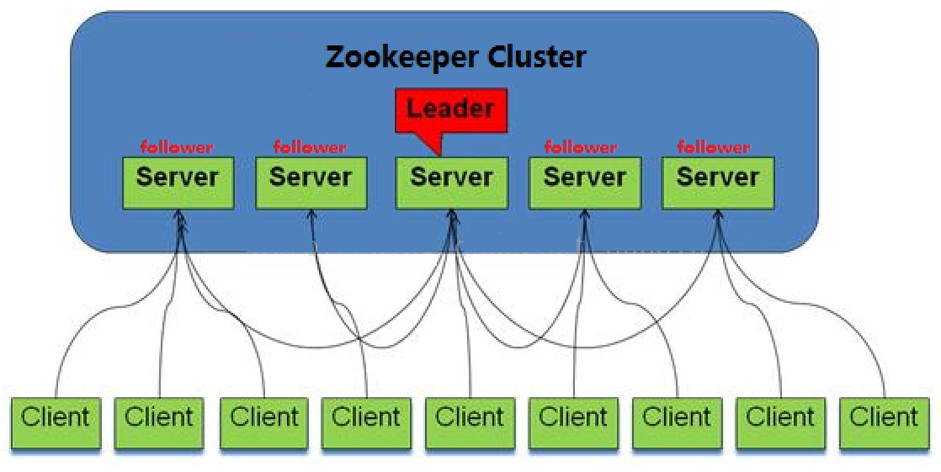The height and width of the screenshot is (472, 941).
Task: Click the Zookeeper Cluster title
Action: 455,57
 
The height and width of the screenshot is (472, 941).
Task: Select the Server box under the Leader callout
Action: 451,179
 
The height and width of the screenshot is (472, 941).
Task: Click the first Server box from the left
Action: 178,179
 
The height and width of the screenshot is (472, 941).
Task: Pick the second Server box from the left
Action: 311,179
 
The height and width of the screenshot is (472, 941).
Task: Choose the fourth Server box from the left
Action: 584,179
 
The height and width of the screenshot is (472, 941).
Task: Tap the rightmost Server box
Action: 717,179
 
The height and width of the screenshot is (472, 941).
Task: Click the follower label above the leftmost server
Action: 178,147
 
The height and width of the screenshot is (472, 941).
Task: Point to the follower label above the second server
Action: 310,147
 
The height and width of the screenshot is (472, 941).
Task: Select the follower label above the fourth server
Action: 581,147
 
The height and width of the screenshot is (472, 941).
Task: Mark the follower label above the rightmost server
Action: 714,147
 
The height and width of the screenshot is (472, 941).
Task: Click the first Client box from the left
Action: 56,418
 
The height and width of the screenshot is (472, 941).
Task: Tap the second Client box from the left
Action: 159,418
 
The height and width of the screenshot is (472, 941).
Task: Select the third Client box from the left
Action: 264,418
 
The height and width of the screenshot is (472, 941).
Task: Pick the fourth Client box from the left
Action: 367,418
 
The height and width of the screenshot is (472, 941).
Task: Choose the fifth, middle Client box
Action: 470,418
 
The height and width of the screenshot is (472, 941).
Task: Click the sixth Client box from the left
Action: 573,418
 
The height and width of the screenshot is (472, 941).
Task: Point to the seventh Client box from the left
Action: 677,418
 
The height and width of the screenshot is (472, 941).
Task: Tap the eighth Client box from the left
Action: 780,418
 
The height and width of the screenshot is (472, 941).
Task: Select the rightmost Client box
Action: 884,418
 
